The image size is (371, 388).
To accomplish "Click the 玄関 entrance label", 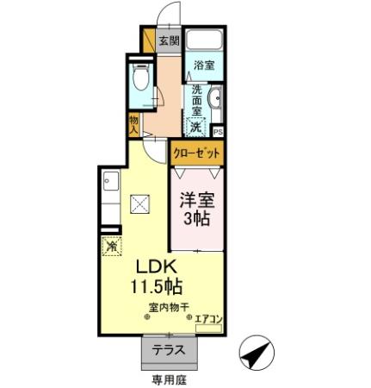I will (168, 41).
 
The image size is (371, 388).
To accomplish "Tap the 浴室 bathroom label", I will (204, 66).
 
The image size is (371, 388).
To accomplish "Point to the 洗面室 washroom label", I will (196, 101).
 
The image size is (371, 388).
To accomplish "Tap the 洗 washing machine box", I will (197, 127).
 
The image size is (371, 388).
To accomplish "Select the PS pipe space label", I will (218, 132).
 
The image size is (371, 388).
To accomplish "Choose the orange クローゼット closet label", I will (196, 153).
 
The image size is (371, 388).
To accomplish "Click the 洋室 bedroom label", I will (197, 200).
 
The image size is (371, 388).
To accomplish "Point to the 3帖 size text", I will (197, 219).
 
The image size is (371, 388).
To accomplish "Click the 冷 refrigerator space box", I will (112, 247).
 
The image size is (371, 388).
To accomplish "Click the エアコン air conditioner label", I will (209, 320).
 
